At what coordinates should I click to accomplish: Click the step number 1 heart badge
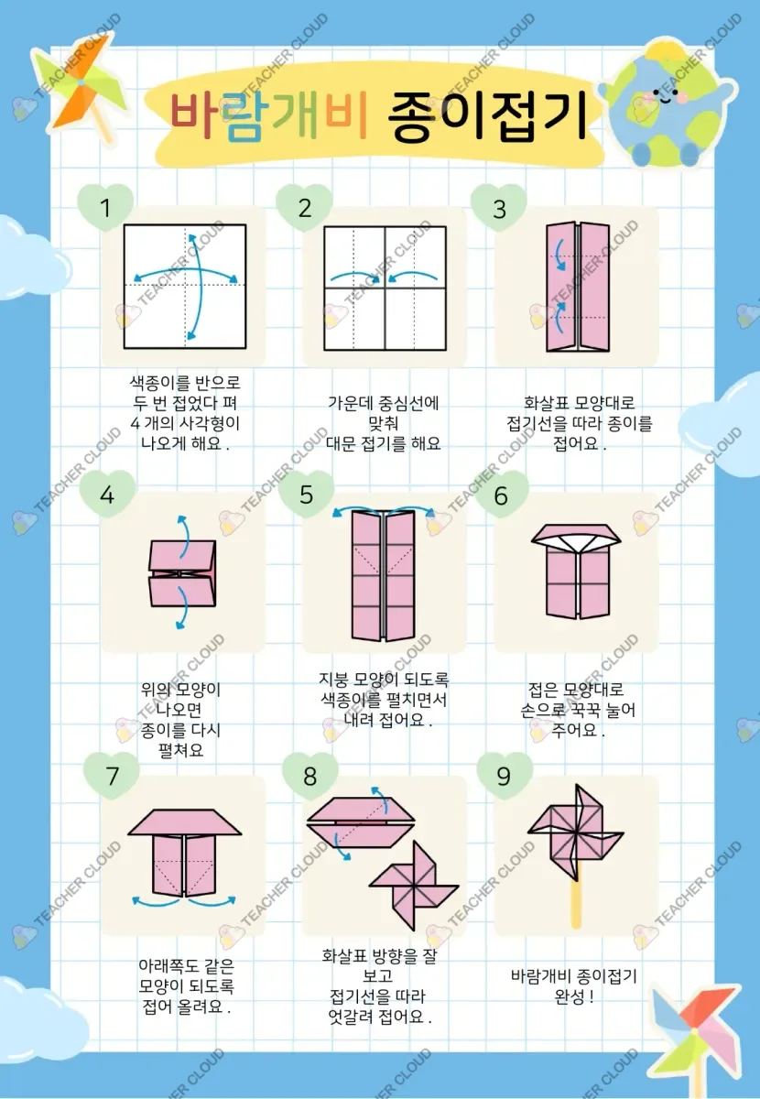[105, 207]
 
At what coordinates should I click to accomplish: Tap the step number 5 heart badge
[306, 494]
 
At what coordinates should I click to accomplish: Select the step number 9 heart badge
[505, 775]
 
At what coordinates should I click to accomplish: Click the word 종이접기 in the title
[487, 115]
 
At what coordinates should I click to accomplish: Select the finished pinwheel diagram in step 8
[414, 885]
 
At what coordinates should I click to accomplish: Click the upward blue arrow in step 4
[182, 537]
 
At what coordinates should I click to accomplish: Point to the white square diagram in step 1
[185, 287]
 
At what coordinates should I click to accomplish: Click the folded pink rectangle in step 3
[578, 287]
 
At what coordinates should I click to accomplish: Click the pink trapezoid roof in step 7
[184, 822]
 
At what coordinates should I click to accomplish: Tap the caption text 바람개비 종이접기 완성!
[573, 986]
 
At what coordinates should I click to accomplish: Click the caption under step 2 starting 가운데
[383, 423]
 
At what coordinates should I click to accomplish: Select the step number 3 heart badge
[499, 208]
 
